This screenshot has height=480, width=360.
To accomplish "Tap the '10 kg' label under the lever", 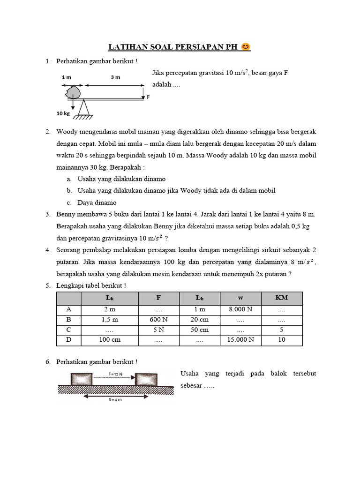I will (62, 113).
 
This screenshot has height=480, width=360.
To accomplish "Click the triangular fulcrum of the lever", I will (84, 108).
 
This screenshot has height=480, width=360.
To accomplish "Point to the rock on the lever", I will (73, 92).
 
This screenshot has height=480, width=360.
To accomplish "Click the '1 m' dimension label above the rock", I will (67, 77).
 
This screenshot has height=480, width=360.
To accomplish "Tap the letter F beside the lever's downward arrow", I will (148, 97).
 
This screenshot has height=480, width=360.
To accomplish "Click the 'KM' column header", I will (281, 298).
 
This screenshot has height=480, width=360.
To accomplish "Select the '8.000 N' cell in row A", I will (240, 309).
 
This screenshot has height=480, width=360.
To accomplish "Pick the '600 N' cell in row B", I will (158, 320).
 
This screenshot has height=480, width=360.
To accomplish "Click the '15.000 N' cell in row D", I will (240, 340).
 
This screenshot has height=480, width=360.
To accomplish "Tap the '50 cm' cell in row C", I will (200, 330).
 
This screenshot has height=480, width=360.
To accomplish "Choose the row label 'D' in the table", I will (68, 340).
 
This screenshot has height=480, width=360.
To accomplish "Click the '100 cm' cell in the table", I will (110, 340).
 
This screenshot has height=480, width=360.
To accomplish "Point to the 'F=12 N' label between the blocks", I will (114, 374).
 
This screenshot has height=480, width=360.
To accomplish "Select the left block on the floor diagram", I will (83, 379).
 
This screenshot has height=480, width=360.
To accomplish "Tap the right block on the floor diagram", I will (146, 379).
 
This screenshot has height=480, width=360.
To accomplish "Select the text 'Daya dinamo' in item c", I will (97, 202).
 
